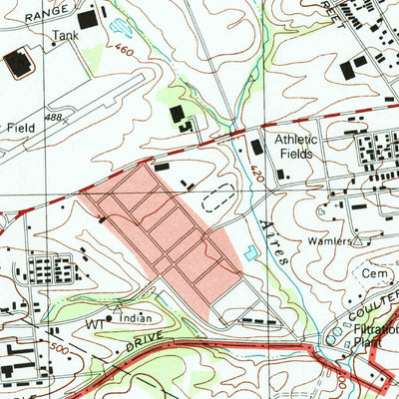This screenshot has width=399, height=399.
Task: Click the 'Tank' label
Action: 65,33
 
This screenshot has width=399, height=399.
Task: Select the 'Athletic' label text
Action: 296,140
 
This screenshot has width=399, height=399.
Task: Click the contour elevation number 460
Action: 124,49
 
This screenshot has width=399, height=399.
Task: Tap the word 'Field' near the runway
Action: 20,128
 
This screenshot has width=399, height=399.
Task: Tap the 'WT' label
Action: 96,324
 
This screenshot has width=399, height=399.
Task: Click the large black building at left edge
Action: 17,65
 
